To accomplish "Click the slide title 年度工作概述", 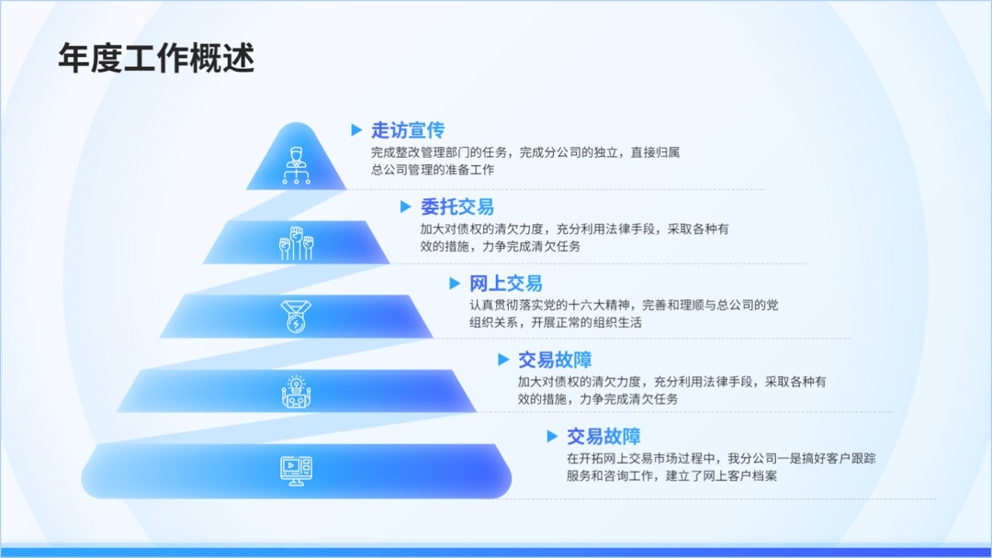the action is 156,58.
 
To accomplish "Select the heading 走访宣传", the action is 408,130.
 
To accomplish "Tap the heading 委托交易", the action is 457,206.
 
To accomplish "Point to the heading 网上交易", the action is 505,283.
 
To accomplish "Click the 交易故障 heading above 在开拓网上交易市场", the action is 603,436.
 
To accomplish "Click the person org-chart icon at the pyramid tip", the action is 296,165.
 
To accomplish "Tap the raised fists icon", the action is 296,243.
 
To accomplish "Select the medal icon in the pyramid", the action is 296,317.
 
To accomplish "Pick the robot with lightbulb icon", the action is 296,392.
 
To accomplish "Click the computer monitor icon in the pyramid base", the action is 296,471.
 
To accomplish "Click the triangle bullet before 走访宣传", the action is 356,130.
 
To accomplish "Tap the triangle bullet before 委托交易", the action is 406,206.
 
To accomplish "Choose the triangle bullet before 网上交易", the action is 455,283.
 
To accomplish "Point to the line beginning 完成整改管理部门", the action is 525,152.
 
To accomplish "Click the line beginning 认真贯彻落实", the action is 624,306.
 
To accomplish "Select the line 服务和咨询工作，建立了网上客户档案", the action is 671,475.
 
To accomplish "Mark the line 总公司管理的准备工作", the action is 433,170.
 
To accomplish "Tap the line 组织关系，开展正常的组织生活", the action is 556,322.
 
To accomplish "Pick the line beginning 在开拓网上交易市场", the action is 721,459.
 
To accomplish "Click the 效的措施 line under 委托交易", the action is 500,246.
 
